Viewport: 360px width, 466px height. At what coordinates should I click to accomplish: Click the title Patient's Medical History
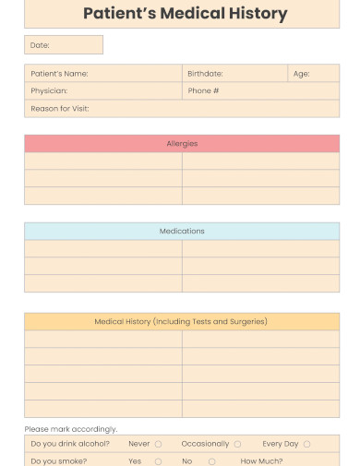(185, 14)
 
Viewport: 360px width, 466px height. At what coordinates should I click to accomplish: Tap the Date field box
(64, 45)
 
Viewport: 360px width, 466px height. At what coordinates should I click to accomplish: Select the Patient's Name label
(60, 74)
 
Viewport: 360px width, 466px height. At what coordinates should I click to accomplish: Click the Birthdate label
(205, 74)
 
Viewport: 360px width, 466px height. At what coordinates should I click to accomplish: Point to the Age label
(301, 74)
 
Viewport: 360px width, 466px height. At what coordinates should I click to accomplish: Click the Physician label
(49, 91)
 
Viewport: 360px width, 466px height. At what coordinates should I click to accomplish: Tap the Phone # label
(203, 91)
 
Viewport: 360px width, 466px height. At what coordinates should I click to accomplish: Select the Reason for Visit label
(60, 109)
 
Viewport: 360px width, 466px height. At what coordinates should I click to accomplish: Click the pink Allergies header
(182, 144)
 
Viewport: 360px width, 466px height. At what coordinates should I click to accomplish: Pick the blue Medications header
(182, 232)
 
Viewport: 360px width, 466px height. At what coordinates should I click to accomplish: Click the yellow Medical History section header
(182, 322)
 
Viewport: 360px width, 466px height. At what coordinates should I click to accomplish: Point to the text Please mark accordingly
(71, 429)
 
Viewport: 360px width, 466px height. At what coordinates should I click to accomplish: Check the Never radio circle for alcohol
(158, 445)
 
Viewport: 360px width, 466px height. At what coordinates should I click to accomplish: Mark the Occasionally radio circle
(237, 445)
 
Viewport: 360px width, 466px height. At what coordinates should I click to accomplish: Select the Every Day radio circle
(306, 445)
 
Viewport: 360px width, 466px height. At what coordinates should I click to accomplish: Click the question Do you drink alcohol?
(70, 444)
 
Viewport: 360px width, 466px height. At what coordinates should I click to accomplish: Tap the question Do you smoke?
(59, 460)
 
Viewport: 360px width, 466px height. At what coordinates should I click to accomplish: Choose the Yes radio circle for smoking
(158, 461)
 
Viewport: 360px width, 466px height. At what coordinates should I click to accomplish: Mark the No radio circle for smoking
(211, 461)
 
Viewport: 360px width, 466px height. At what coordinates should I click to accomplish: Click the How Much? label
(262, 460)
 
